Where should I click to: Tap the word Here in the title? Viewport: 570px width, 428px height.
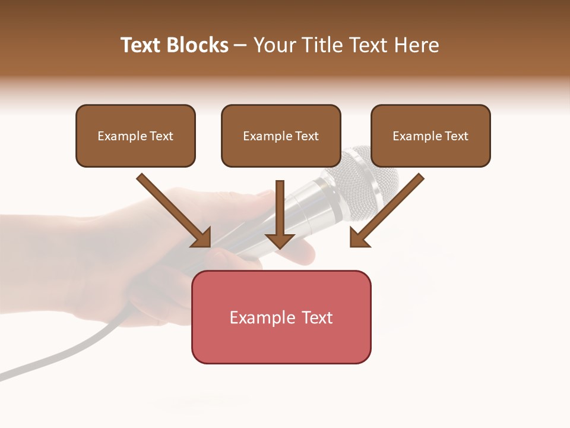(x=418, y=45)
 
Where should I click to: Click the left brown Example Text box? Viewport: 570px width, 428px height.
(x=135, y=136)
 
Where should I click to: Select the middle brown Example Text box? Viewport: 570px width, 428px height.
(x=281, y=136)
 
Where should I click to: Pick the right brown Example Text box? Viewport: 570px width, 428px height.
(x=430, y=136)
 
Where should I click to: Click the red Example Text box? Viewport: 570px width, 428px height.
(x=281, y=317)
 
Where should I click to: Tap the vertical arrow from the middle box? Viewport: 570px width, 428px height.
(x=280, y=208)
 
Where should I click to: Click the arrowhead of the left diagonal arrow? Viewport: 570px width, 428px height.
(x=202, y=238)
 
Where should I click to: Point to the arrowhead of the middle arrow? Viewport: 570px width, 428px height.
(x=280, y=240)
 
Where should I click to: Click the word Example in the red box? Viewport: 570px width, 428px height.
(x=254, y=317)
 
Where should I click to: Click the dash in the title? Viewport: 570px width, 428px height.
(x=240, y=46)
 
